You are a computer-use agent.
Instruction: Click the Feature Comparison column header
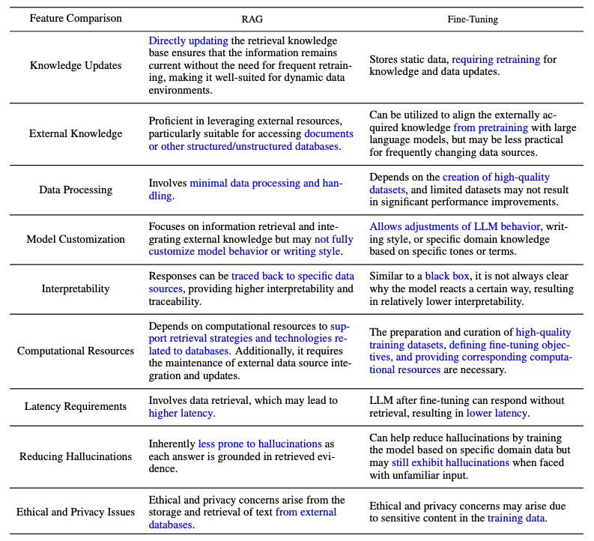click(x=75, y=17)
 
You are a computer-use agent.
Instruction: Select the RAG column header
click(x=247, y=17)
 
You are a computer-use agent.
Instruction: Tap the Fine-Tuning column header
click(x=472, y=17)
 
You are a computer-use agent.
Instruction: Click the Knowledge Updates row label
click(x=75, y=65)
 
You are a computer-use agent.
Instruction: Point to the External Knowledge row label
click(x=75, y=133)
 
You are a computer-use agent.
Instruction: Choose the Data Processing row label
click(x=75, y=190)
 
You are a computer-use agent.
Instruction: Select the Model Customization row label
click(x=75, y=239)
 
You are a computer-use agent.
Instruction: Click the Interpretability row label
click(x=75, y=288)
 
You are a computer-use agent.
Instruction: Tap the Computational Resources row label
click(x=75, y=350)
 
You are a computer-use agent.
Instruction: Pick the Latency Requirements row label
click(x=75, y=406)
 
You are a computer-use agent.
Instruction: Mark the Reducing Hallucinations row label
click(x=75, y=456)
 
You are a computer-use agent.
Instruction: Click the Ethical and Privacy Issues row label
click(x=75, y=512)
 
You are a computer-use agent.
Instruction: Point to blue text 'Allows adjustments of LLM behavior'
click(x=453, y=226)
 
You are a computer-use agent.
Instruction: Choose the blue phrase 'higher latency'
click(x=181, y=413)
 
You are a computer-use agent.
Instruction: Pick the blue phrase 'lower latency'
click(x=497, y=413)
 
